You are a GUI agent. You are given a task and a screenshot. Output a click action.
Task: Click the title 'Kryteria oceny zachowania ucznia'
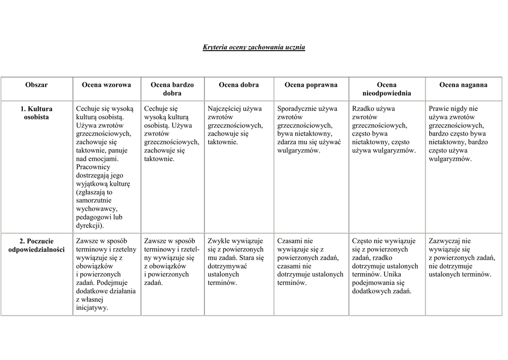click(x=254, y=48)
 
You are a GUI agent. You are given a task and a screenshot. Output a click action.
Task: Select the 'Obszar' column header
click(x=37, y=85)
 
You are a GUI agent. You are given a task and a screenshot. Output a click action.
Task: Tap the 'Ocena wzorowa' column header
click(x=107, y=85)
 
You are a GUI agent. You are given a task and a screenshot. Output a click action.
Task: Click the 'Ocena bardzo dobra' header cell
click(x=172, y=89)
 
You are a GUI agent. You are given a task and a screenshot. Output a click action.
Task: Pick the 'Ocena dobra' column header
click(x=239, y=85)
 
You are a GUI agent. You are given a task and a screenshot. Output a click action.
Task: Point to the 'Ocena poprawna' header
click(x=311, y=85)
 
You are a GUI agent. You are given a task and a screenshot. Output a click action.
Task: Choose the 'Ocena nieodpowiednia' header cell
click(x=386, y=89)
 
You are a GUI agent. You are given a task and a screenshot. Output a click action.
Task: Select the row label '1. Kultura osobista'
click(x=37, y=113)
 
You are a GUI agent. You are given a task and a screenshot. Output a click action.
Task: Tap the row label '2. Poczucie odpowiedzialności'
click(x=37, y=245)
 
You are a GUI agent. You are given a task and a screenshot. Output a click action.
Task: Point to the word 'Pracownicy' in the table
click(x=93, y=167)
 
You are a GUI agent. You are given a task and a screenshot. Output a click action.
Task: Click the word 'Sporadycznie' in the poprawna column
click(x=297, y=109)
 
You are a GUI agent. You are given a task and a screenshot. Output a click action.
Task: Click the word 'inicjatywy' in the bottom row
click(x=92, y=308)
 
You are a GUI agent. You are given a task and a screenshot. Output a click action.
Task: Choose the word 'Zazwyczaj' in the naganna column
click(x=444, y=241)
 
